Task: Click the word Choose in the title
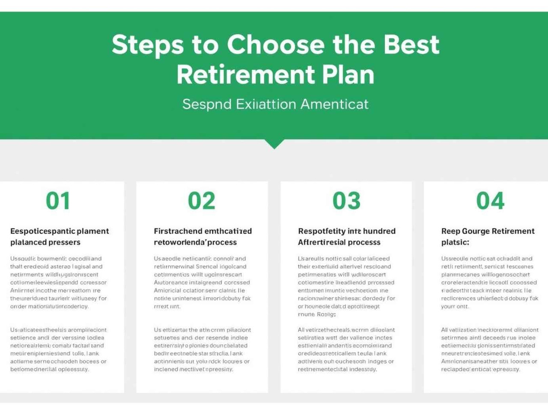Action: tap(276, 45)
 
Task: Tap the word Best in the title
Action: tap(411, 45)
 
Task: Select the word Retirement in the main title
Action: tap(246, 75)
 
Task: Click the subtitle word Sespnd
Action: tap(207, 104)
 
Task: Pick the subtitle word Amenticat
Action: tap(334, 104)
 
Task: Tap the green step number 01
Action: tap(58, 201)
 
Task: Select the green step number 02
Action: tap(202, 201)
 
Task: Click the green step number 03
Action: tap(346, 201)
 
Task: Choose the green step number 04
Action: tap(490, 201)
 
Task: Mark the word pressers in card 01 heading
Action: tap(63, 242)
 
